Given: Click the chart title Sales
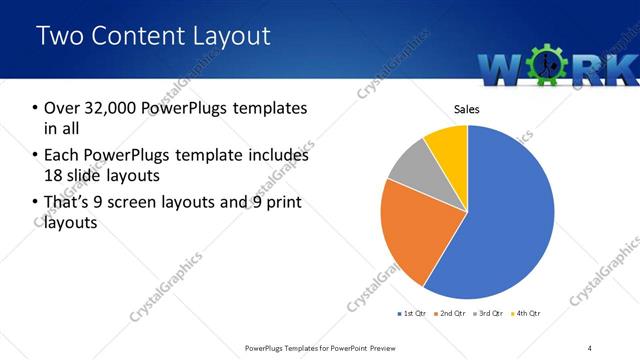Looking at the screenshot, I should [x=467, y=108].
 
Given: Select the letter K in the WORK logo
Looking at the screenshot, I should [x=620, y=68].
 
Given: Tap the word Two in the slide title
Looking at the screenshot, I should [x=59, y=36].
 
